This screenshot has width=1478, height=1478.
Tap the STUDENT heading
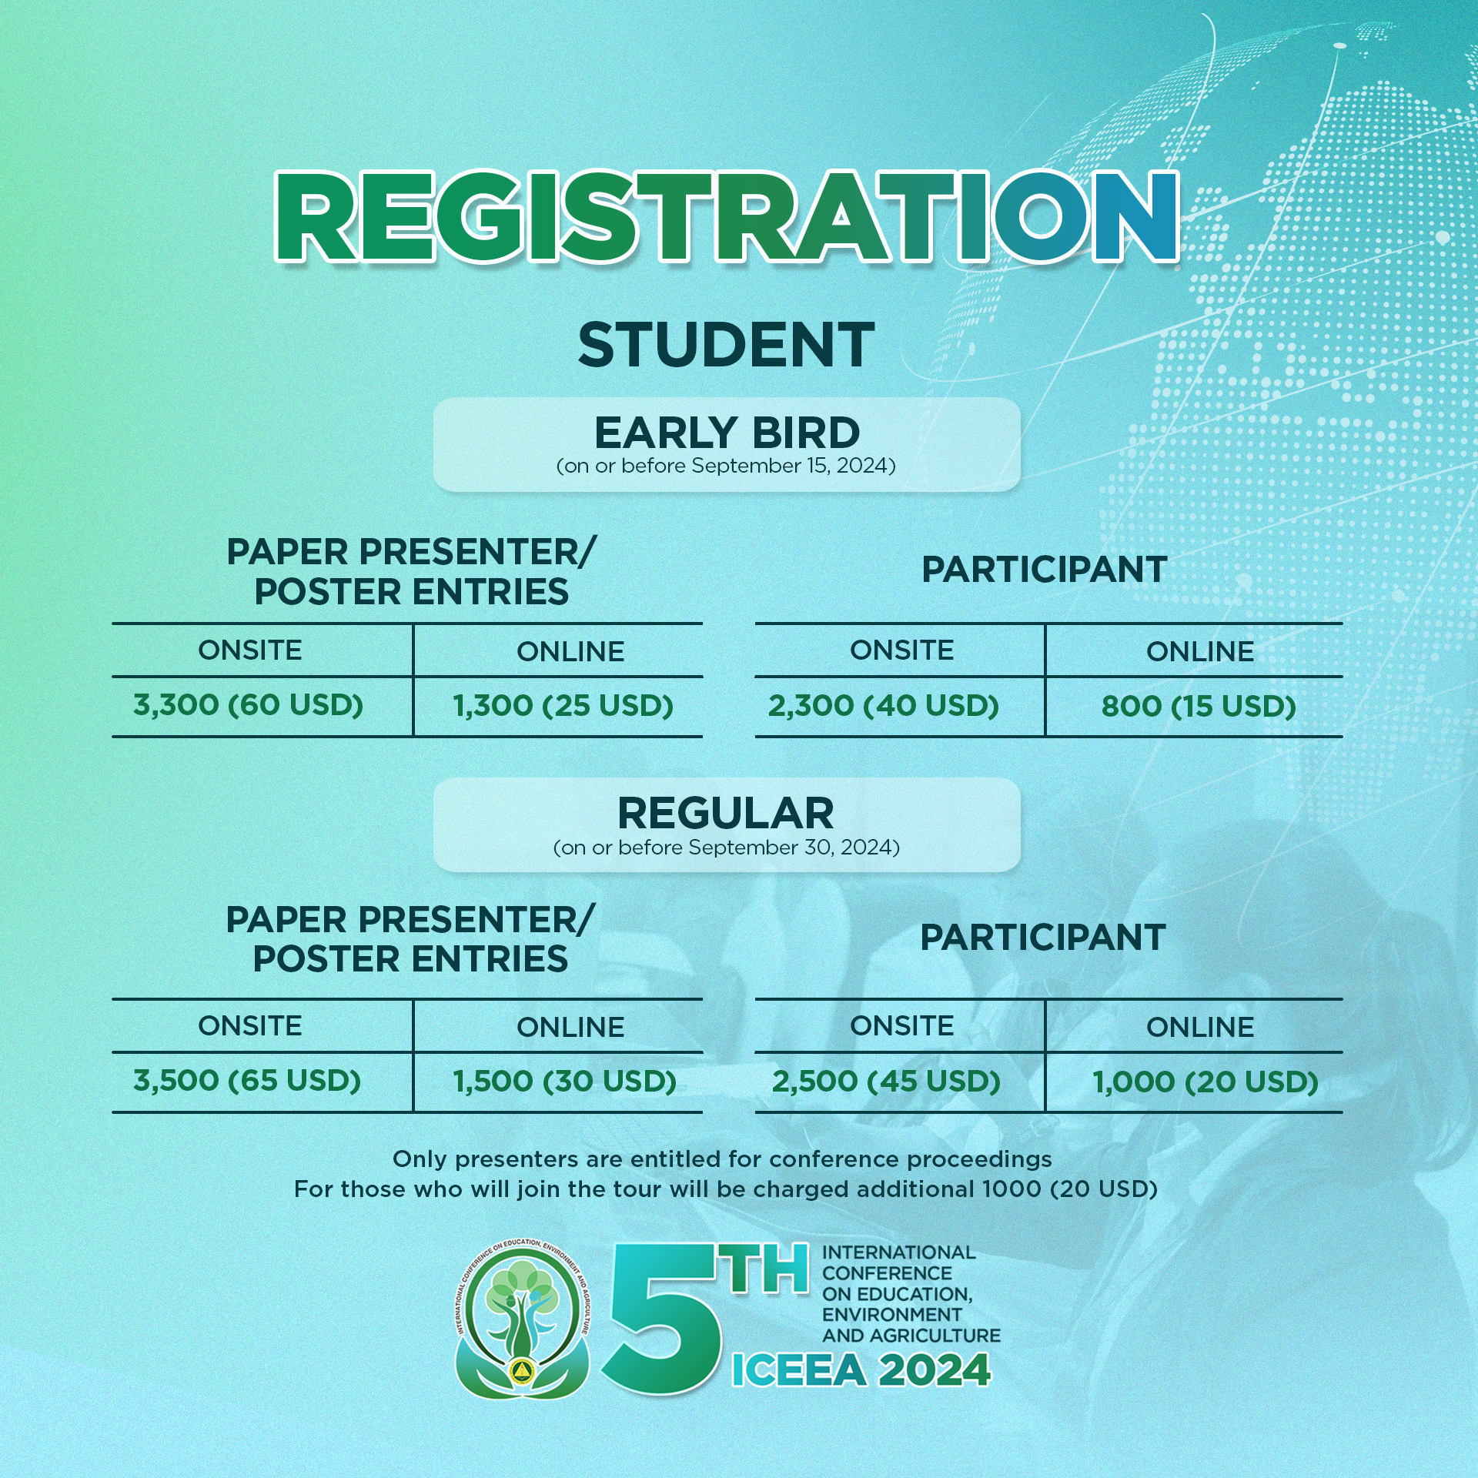click(x=726, y=345)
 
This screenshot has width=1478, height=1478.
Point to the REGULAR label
click(x=726, y=813)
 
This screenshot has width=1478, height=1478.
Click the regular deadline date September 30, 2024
click(x=794, y=848)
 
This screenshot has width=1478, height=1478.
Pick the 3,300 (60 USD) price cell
click(x=248, y=705)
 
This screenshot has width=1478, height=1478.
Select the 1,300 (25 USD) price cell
click(x=563, y=706)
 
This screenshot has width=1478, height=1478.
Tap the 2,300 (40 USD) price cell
click(x=884, y=706)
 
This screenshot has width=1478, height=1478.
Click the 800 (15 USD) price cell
click(x=1199, y=706)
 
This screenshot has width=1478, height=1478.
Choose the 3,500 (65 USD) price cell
click(x=247, y=1081)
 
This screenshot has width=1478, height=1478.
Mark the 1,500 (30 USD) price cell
click(x=564, y=1082)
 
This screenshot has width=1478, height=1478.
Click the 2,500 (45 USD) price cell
click(x=886, y=1082)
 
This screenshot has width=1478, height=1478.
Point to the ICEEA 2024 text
click(x=861, y=1371)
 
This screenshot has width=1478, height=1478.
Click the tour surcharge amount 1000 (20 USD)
click(x=1070, y=1189)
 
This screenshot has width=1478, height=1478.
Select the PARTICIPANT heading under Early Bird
click(x=1045, y=570)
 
